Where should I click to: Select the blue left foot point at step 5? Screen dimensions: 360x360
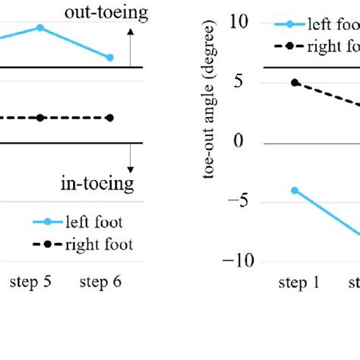pyautogui.click(x=40, y=28)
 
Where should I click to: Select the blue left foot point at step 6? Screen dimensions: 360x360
pyautogui.click(x=110, y=58)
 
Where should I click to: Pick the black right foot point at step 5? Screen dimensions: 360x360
pyautogui.click(x=40, y=118)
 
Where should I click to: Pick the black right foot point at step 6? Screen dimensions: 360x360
pyautogui.click(x=110, y=118)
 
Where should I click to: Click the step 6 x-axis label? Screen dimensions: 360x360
pyautogui.click(x=100, y=283)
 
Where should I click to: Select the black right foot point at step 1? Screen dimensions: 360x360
pyautogui.click(x=295, y=82)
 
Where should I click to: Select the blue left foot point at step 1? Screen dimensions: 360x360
pyautogui.click(x=295, y=190)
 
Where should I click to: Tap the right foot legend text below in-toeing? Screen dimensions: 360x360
pyautogui.click(x=99, y=245)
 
